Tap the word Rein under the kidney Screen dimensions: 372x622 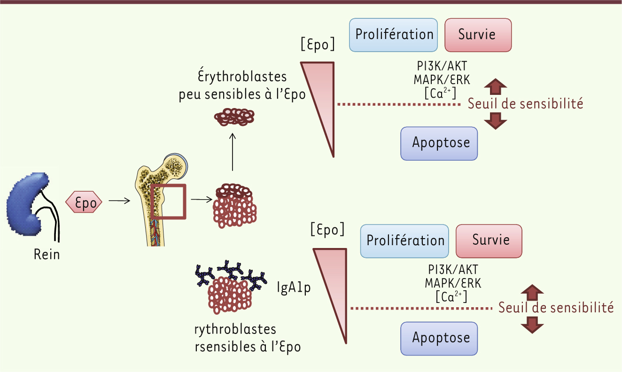(x=47, y=255)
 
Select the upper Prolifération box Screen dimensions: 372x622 (x=394, y=35)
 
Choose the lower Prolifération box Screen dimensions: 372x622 (x=405, y=241)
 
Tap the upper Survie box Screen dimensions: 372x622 (x=478, y=35)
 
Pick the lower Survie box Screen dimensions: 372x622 (x=489, y=240)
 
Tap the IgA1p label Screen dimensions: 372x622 (x=293, y=287)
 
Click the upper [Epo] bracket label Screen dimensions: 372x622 (x=318, y=45)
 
